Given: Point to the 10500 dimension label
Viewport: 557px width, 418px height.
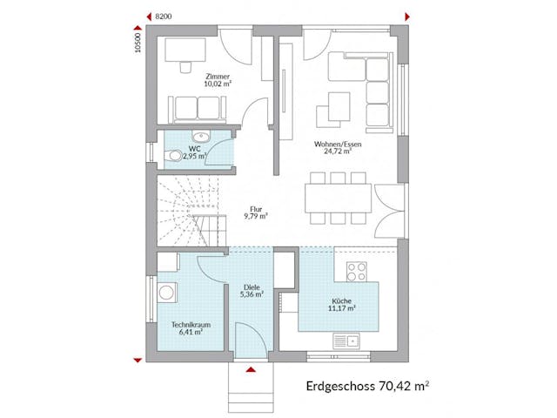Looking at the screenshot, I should (x=138, y=43).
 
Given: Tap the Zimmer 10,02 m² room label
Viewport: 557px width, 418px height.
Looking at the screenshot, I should (x=218, y=80).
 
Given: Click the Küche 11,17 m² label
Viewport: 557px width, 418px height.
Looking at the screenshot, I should (x=340, y=303).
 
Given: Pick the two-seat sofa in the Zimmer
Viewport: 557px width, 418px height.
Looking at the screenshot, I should (x=198, y=108).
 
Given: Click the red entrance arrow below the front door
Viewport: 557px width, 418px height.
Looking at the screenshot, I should (x=252, y=370).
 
